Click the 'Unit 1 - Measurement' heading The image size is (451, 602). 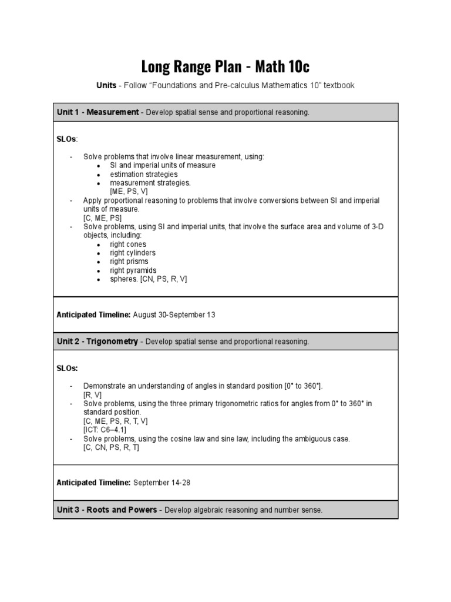coord(97,112)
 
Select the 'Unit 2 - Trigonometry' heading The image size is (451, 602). coord(97,342)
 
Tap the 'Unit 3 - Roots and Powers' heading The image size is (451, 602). coord(106,510)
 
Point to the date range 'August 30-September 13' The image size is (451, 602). coord(174,315)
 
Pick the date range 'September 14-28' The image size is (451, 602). coord(161,483)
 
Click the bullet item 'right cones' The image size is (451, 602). coord(128,245)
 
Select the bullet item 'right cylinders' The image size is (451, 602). coord(133,253)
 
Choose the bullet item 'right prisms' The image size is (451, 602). coord(129,262)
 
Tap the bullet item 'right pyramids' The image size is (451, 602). coord(133,270)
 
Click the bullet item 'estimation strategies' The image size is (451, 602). coord(143,175)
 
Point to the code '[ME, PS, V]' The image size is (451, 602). coord(129,192)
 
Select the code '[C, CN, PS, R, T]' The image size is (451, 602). coord(111,447)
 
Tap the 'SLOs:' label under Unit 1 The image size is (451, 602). coord(67,139)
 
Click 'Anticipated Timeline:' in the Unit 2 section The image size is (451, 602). coord(93,483)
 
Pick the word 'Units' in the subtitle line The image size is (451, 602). coord(106,86)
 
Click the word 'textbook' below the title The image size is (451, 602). coord(336,86)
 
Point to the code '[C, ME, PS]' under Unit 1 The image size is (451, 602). coord(102,218)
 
